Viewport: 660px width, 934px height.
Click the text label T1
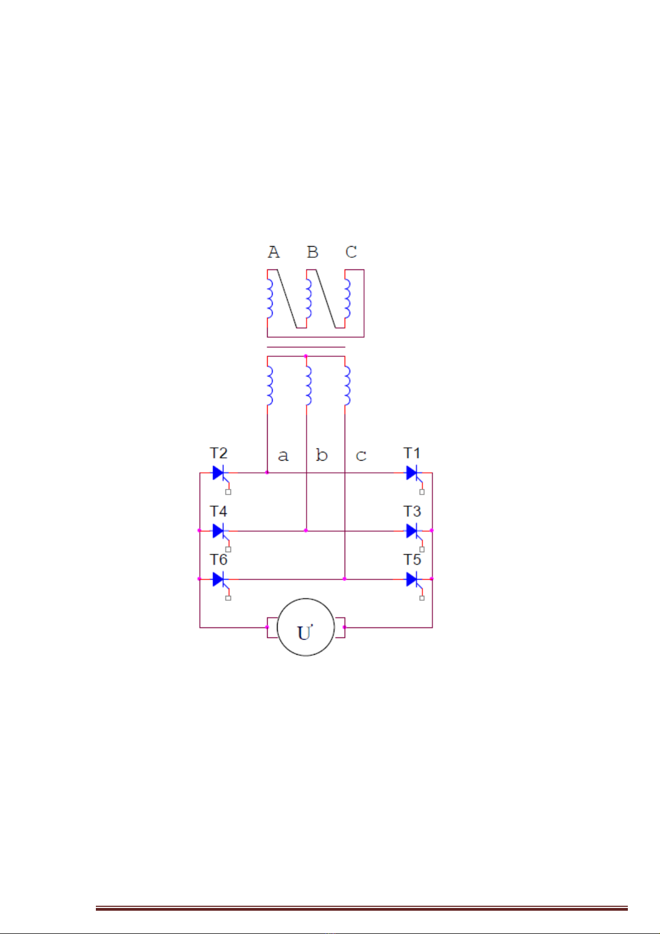coord(412,453)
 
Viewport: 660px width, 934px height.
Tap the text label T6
coord(218,559)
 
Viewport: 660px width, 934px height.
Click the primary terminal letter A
coord(274,252)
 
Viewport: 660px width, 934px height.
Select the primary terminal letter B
coord(313,252)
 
